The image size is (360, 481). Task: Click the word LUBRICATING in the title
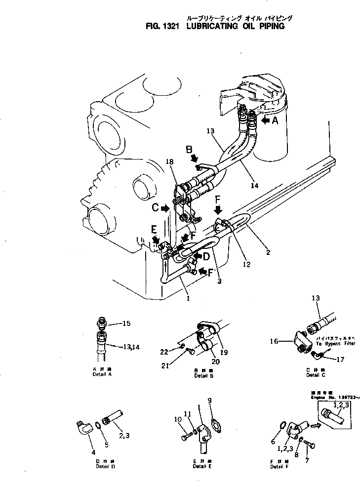pyautogui.click(x=214, y=27)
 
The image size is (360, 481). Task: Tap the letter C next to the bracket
pyautogui.click(x=154, y=208)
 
